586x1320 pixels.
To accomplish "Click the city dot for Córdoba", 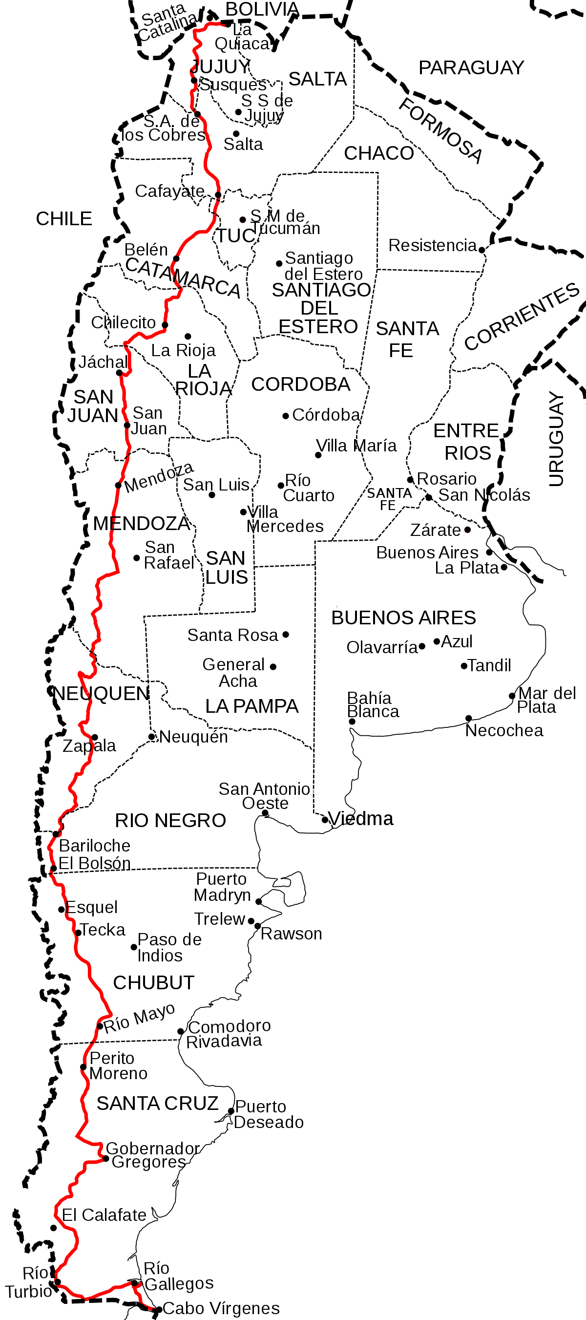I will tap(286, 416).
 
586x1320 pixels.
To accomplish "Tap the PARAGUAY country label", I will tap(471, 67).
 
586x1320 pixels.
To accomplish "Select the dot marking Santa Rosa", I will tap(286, 635).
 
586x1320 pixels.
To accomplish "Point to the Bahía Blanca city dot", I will tap(352, 722).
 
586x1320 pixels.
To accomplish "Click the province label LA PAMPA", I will tap(251, 706).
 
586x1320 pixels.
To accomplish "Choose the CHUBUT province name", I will tap(154, 982).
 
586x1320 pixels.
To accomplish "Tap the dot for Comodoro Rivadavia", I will tap(180, 1031).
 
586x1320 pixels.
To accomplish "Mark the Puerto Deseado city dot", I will tap(231, 1111).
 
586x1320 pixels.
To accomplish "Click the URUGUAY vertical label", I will tap(556, 439).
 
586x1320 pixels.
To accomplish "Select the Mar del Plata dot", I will tap(512, 696).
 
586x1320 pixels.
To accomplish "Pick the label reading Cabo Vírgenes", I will tap(221, 1308).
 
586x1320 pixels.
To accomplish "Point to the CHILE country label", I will tap(64, 219).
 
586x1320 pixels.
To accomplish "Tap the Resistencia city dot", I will tap(481, 250).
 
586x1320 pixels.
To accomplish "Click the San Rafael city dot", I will tap(137, 558).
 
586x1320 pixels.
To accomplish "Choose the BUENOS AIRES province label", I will tap(404, 618).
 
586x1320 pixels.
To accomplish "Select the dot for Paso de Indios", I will tap(134, 947).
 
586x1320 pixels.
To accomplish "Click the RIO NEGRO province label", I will tap(170, 820).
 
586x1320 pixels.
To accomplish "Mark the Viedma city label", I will tap(360, 819).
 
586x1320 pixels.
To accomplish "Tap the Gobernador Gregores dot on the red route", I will tap(105, 1159).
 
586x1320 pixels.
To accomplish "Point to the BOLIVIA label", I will tap(262, 9).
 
